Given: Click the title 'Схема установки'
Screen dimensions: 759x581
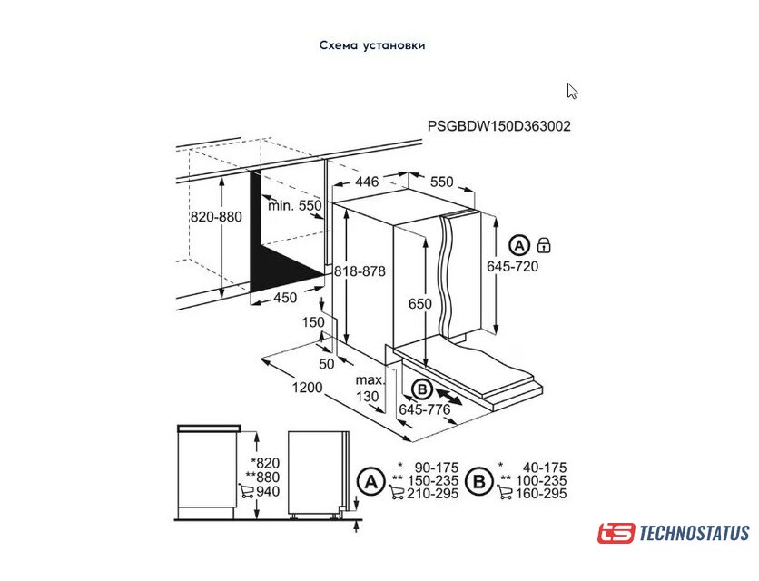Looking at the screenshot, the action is click(372, 45).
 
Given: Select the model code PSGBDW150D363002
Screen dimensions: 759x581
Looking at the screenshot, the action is click(499, 126).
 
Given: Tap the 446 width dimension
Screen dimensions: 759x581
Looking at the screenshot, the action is click(367, 182).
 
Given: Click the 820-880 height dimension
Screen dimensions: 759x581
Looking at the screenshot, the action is click(216, 216).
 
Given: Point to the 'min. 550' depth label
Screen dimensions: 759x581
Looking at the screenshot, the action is click(295, 206).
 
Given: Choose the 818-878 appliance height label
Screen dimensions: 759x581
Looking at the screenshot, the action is click(360, 271).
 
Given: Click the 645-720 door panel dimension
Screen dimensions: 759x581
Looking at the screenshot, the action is click(513, 266).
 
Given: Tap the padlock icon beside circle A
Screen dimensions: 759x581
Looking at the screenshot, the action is click(544, 245).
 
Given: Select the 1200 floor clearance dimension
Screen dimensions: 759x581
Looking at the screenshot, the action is click(307, 388).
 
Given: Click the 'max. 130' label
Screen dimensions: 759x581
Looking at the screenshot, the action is click(370, 389).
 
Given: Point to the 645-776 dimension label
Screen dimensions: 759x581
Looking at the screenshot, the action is click(425, 409).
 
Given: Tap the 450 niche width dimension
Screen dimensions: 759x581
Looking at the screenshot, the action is click(285, 297).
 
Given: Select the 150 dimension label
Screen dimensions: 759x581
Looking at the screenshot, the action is click(313, 322).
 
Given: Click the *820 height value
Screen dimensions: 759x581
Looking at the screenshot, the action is click(266, 463).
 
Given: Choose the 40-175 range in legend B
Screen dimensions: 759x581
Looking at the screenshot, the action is click(545, 468).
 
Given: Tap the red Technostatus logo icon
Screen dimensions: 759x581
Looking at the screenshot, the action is click(616, 533).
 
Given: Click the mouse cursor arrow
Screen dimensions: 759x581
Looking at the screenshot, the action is click(572, 91).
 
